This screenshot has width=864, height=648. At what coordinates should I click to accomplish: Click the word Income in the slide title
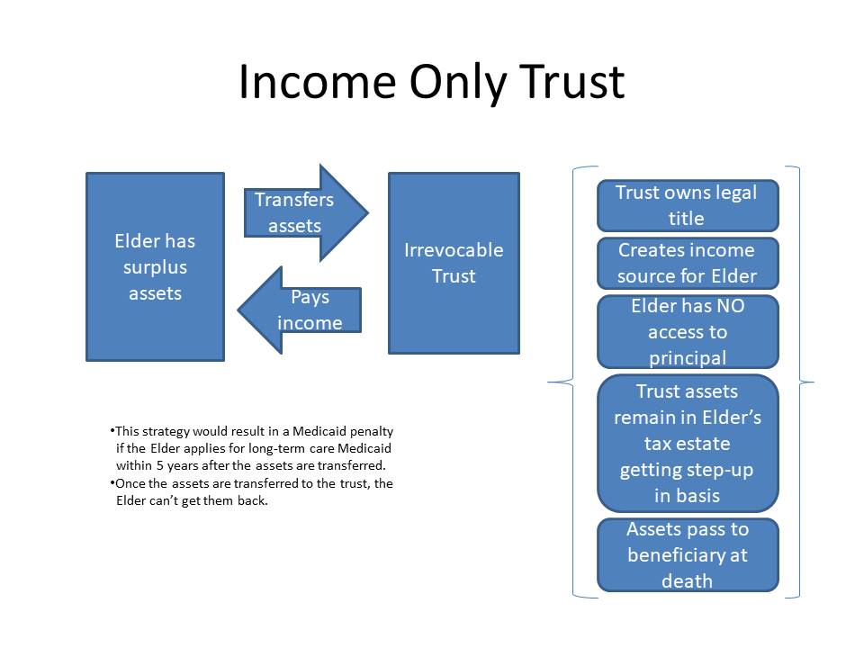click(x=318, y=82)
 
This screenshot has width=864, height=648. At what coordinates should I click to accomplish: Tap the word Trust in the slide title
click(x=571, y=82)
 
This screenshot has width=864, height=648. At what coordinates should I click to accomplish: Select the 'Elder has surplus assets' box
click(x=156, y=266)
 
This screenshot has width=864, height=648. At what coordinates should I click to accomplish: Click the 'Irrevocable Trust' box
click(x=454, y=263)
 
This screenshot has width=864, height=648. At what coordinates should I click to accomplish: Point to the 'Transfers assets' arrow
click(x=306, y=212)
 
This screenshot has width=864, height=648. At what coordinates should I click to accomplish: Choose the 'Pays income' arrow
click(x=300, y=310)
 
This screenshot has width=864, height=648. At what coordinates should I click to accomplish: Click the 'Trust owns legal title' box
click(x=688, y=205)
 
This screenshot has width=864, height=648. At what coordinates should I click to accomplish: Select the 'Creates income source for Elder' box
click(x=688, y=264)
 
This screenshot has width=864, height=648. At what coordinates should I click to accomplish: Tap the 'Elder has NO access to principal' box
click(x=688, y=332)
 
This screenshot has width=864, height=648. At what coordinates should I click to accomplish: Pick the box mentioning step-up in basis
click(x=688, y=444)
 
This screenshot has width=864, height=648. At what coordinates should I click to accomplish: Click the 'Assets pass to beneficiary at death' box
click(x=688, y=555)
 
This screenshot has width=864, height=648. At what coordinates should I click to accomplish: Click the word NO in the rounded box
click(x=731, y=306)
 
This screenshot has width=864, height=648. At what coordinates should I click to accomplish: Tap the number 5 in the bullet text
click(x=160, y=465)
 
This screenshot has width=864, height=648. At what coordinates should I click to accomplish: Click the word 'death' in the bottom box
click(x=687, y=580)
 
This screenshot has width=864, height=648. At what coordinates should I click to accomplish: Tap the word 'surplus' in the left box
click(x=156, y=268)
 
